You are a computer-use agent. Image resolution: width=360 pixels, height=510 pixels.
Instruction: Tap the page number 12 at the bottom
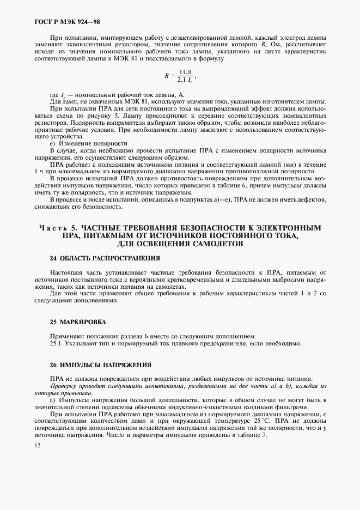[37, 445]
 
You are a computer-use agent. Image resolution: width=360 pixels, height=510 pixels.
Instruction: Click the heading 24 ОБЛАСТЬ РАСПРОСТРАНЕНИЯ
[97, 258]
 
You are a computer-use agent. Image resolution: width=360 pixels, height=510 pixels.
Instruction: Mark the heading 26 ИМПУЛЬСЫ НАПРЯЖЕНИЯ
[93, 364]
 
